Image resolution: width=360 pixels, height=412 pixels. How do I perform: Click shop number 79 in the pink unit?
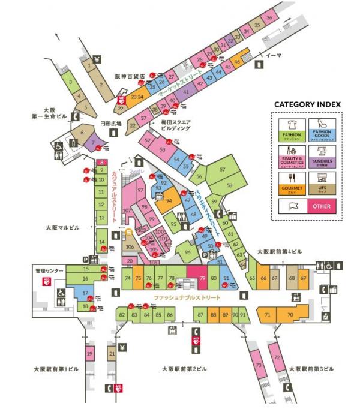tap(202, 278)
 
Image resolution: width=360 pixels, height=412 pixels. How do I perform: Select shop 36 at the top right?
tap(269, 18)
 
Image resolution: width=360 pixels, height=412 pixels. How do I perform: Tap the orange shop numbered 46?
tap(238, 61)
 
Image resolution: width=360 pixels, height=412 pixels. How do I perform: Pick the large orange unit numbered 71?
tap(268, 315)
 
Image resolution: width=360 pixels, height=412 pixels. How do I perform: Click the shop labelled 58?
tap(229, 186)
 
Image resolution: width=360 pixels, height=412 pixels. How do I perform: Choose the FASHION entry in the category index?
tap(291, 131)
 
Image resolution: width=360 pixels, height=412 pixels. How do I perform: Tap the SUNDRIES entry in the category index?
tap(323, 157)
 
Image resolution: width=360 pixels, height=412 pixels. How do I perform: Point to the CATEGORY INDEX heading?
tap(307, 104)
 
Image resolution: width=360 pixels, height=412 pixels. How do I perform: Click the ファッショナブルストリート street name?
tap(187, 298)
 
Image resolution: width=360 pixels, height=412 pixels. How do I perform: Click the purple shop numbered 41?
tap(185, 92)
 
